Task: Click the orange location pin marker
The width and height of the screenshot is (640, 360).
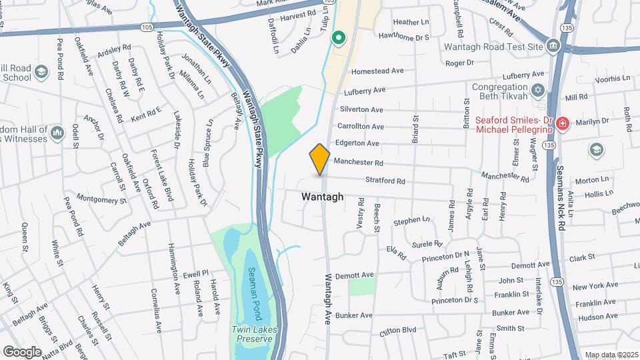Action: (320, 159)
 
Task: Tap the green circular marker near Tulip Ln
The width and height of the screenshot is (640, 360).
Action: (339, 37)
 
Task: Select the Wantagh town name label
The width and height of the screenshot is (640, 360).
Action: (323, 197)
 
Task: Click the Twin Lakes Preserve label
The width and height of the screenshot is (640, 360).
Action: (252, 334)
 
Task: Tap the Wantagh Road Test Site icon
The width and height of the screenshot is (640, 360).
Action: (553, 45)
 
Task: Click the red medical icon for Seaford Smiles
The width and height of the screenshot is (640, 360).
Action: (563, 123)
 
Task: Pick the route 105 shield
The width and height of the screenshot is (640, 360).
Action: (147, 27)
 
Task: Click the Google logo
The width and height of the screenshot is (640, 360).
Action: (22, 351)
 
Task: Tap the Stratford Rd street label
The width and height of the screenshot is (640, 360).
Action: (385, 181)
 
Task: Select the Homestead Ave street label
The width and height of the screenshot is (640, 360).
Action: (377, 71)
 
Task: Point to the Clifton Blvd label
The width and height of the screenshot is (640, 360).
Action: (397, 330)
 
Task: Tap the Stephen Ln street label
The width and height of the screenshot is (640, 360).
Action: (411, 220)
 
